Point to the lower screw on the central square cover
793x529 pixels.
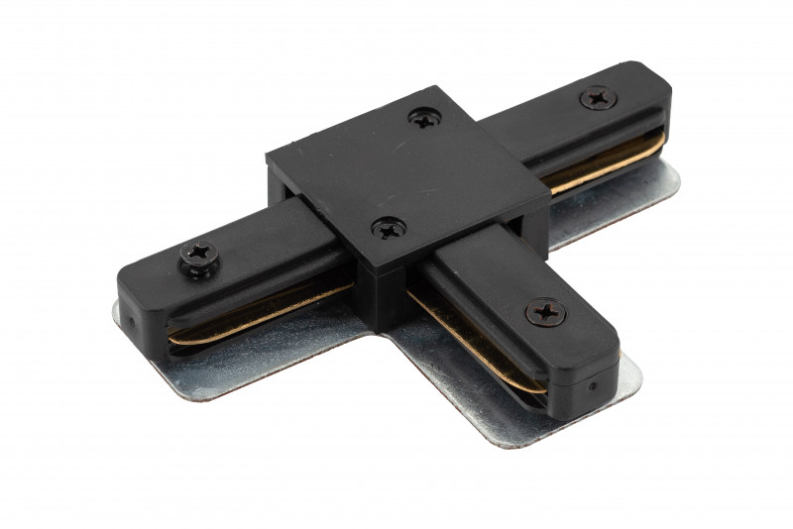tap(389, 230)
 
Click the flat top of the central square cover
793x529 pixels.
tap(406, 173)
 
